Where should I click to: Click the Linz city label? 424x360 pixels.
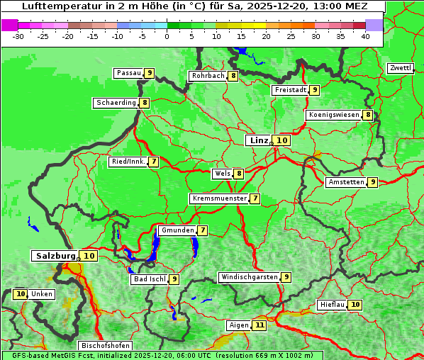(257, 140)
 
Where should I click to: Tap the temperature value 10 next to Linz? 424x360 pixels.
(282, 140)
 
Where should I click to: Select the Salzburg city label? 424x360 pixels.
(55, 256)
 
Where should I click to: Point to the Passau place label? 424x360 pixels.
(128, 73)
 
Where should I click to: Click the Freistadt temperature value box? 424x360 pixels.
(314, 90)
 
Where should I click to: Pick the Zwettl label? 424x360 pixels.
(400, 68)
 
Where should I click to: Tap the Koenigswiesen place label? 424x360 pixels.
(334, 115)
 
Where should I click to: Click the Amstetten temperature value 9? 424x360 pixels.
(372, 182)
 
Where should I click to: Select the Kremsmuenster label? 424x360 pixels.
(219, 198)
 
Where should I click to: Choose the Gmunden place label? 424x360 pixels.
(177, 230)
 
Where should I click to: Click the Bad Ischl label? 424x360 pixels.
(150, 279)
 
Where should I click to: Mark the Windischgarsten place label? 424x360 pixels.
(249, 277)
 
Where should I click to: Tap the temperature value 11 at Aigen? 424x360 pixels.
(260, 325)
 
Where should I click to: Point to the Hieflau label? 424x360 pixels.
(332, 305)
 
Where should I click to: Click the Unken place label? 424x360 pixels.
(42, 294)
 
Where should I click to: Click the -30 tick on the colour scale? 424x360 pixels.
(18, 36)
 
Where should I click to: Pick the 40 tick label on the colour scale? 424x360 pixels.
(365, 36)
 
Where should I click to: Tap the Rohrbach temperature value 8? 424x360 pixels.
(233, 76)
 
